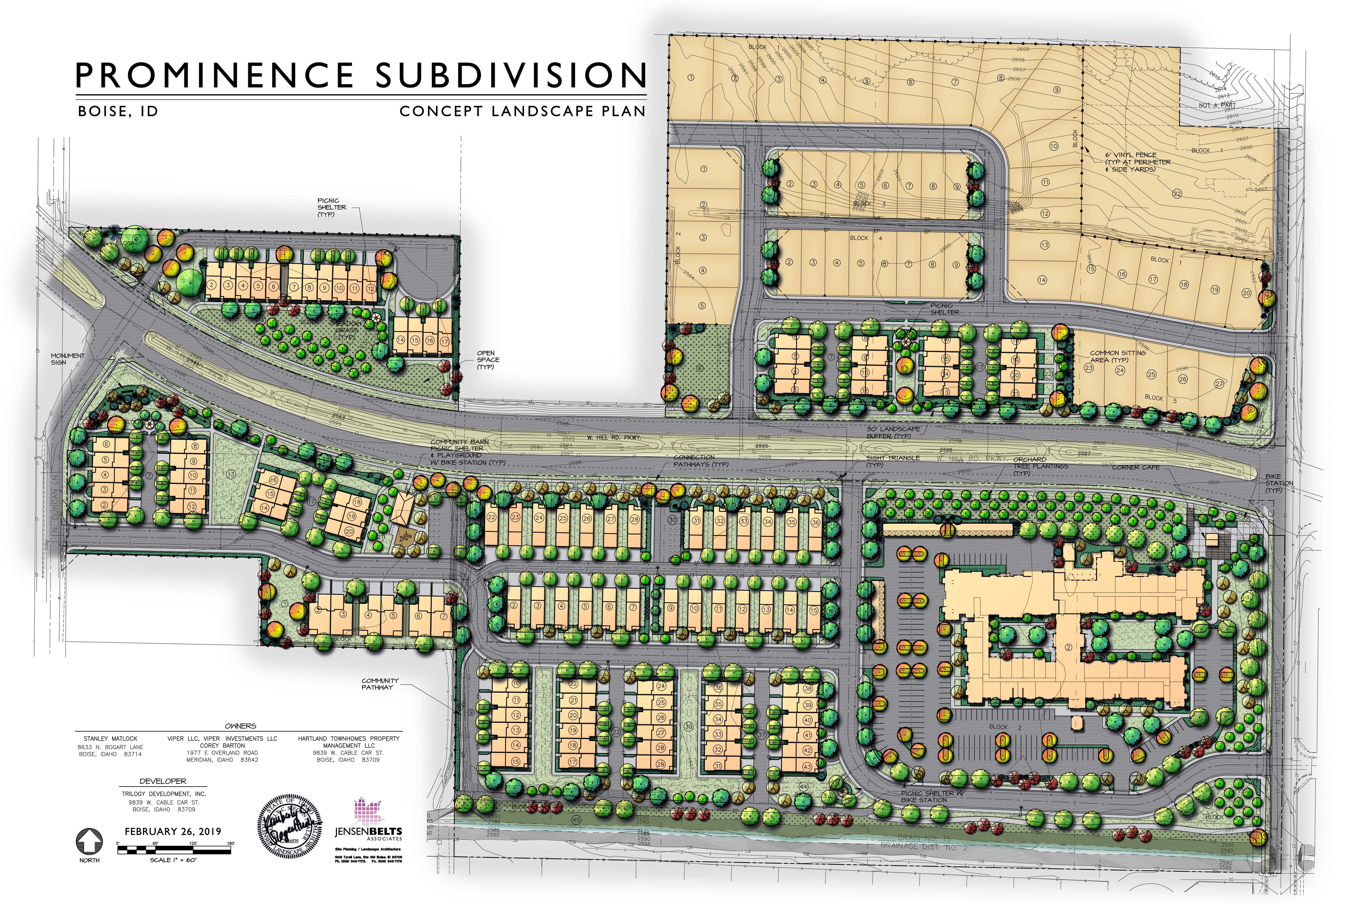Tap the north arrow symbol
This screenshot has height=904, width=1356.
click(x=89, y=842)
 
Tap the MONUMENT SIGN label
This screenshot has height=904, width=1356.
click(x=68, y=359)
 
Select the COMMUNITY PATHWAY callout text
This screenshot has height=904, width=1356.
click(x=380, y=684)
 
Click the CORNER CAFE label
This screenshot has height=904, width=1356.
click(x=1135, y=467)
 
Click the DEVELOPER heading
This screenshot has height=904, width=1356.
click(x=163, y=781)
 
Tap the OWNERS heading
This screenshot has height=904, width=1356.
click(x=240, y=726)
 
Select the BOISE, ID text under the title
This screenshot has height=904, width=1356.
click(x=118, y=111)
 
